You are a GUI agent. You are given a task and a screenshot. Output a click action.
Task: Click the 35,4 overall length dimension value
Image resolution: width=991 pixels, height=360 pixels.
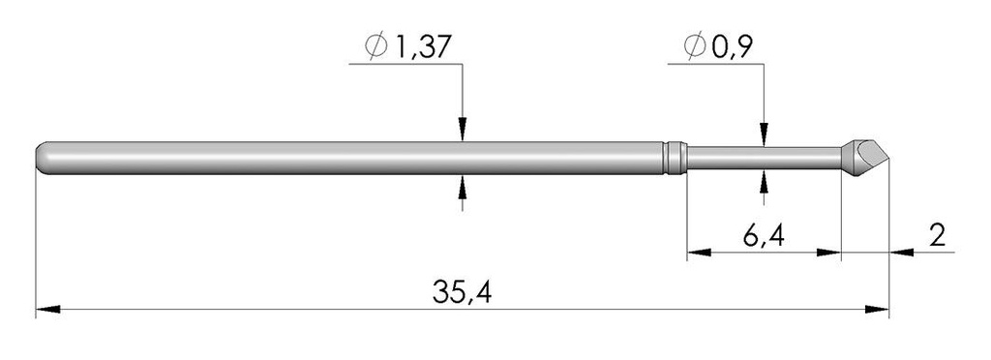tap(464, 291)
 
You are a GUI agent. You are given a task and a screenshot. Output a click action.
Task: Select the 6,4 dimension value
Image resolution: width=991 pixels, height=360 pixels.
tap(765, 236)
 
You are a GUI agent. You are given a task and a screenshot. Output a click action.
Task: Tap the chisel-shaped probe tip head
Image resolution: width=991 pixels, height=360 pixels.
tap(864, 155)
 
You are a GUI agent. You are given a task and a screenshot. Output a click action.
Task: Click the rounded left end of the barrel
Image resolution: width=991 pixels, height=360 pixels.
tap(42, 158)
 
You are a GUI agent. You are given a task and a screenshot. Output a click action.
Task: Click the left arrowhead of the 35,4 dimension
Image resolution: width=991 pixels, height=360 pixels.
tap(48, 311)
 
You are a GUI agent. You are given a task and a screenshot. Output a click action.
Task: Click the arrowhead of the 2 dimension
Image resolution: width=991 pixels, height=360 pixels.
tap(901, 254)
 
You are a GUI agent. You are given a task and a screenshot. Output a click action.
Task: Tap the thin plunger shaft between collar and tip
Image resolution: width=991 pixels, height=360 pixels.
tap(765, 158)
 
